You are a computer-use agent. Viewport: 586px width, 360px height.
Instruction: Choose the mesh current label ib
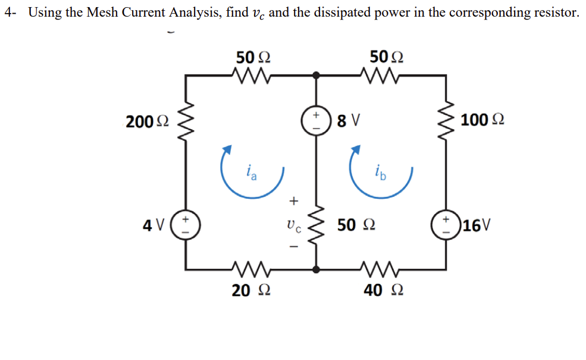tap(381, 174)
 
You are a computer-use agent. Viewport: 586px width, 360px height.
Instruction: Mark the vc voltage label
tap(294, 226)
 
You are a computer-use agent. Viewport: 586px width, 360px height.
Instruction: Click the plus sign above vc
tap(294, 200)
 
